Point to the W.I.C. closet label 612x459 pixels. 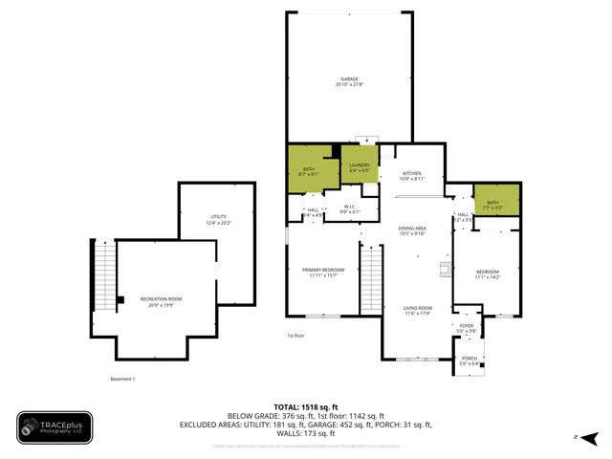[350, 208]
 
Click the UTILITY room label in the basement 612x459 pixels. [219, 219]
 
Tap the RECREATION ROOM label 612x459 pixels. [161, 301]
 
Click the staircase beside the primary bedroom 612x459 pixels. [371, 277]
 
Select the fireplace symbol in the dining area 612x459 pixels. [444, 270]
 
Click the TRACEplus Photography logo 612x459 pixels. [55, 428]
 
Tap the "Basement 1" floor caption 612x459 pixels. [122, 379]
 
